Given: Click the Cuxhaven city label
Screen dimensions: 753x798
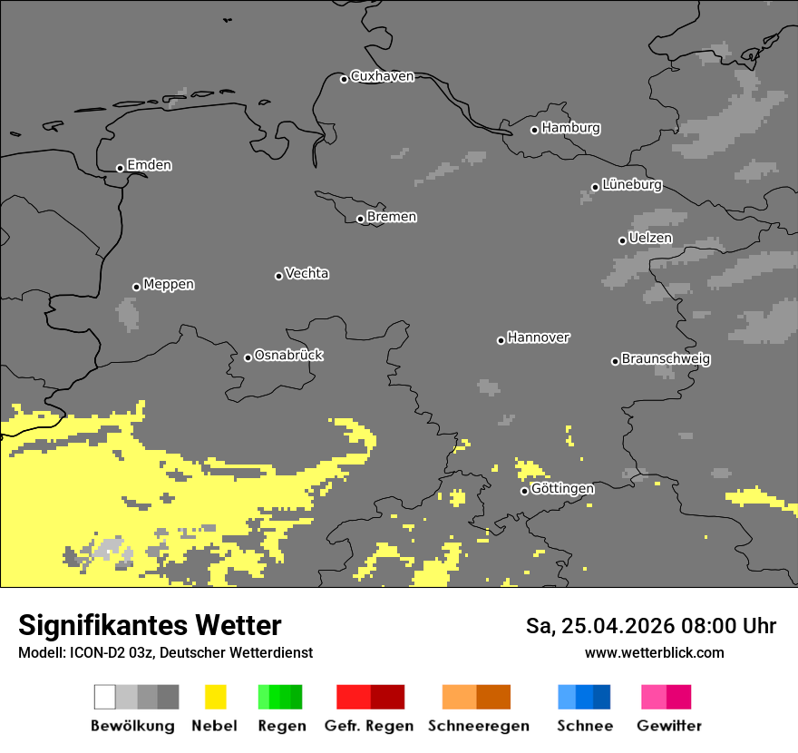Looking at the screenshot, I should pyautogui.click(x=382, y=76).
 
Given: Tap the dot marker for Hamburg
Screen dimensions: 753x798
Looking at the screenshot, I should pyautogui.click(x=534, y=130).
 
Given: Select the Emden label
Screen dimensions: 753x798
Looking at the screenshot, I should pyautogui.click(x=149, y=165).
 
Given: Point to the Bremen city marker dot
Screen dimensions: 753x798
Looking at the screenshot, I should pyautogui.click(x=360, y=219).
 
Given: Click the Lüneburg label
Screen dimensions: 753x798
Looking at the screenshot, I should pyautogui.click(x=632, y=184).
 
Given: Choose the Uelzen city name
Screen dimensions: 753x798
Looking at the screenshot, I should pyautogui.click(x=650, y=238).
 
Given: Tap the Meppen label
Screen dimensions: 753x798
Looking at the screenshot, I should pyautogui.click(x=169, y=284).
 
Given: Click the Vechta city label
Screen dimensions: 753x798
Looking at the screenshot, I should pyautogui.click(x=307, y=273).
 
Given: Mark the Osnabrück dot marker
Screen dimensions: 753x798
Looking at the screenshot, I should pyautogui.click(x=248, y=357).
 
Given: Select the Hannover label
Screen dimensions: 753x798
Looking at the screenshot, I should pyautogui.click(x=539, y=337).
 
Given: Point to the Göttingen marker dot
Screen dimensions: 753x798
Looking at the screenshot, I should pyautogui.click(x=524, y=491).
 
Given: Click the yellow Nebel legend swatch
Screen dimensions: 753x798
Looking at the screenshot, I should pyautogui.click(x=215, y=697).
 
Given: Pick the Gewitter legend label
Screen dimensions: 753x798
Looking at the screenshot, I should pyautogui.click(x=669, y=726).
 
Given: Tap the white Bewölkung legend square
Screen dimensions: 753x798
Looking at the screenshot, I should pyautogui.click(x=104, y=697).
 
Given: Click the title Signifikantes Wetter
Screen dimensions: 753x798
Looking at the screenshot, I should pyautogui.click(x=150, y=625).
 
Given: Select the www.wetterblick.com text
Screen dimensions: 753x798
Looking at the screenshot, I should pyautogui.click(x=654, y=652).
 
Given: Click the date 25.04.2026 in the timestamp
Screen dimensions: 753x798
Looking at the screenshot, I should pyautogui.click(x=614, y=626).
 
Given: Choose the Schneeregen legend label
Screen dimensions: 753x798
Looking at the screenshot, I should pyautogui.click(x=479, y=726).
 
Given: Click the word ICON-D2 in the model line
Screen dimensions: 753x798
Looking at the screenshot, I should pyautogui.click(x=90, y=652).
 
